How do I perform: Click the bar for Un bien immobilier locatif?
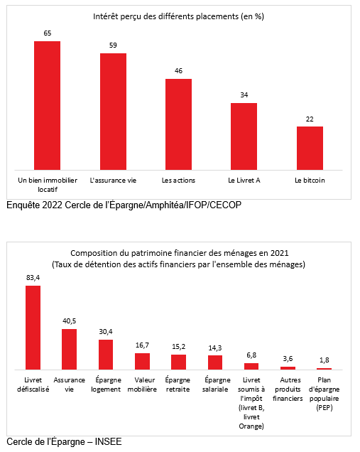[x=48, y=105]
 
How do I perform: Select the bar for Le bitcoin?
[x=310, y=148]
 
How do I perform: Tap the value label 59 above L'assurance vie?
[x=113, y=45]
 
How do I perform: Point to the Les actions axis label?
[x=178, y=181]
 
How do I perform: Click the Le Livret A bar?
[x=244, y=136]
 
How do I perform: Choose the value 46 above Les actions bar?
[x=178, y=71]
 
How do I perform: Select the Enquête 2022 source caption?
[x=124, y=205]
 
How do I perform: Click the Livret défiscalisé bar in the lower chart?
[x=33, y=328]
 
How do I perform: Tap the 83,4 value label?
[x=33, y=278]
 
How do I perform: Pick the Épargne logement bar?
[x=106, y=355]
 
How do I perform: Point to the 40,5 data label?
[x=70, y=321]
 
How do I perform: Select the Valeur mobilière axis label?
[x=142, y=384]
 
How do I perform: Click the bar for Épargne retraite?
[x=178, y=362]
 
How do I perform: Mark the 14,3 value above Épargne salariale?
[x=215, y=348]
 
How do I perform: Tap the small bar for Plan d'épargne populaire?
[x=324, y=369]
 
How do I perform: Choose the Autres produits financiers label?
[x=288, y=389]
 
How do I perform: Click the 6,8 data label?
[x=251, y=355]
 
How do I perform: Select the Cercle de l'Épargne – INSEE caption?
[x=64, y=441]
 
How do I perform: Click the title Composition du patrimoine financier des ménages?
[x=180, y=253]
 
